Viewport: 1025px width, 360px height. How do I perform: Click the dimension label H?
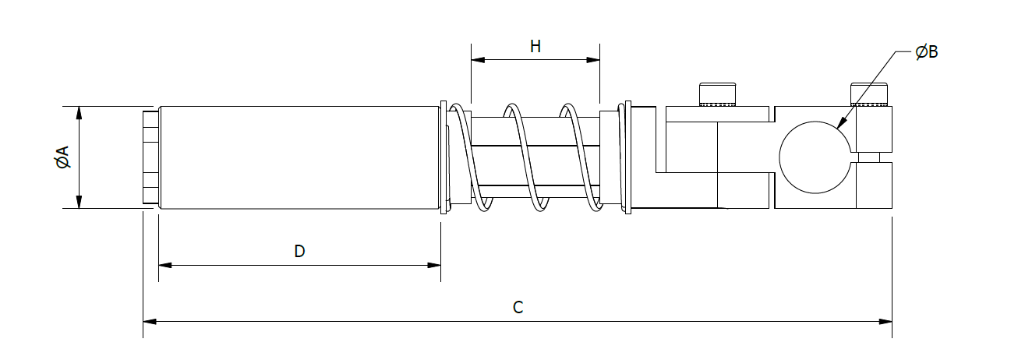pyautogui.click(x=535, y=46)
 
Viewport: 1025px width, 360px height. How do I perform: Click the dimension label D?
pyautogui.click(x=299, y=252)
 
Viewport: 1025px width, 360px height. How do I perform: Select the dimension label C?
pyautogui.click(x=518, y=307)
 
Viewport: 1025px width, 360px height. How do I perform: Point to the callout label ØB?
pyautogui.click(x=927, y=52)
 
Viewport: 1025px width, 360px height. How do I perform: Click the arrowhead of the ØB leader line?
pyautogui.click(x=840, y=124)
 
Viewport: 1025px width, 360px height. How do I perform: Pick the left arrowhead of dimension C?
pyautogui.click(x=149, y=321)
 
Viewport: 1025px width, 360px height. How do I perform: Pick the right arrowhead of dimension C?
pyautogui.click(x=886, y=321)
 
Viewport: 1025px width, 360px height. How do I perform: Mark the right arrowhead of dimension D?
pyautogui.click(x=435, y=266)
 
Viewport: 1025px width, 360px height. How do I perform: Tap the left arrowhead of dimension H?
pyautogui.click(x=477, y=59)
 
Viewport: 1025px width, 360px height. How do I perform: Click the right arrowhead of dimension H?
pyautogui.click(x=594, y=59)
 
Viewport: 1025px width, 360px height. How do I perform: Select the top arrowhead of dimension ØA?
pyautogui.click(x=79, y=111)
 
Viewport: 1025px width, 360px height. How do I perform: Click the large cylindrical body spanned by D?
pyautogui.click(x=299, y=157)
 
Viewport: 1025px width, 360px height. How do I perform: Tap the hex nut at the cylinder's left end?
pyautogui.click(x=150, y=157)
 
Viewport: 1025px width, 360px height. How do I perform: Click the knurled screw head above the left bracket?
pyautogui.click(x=718, y=94)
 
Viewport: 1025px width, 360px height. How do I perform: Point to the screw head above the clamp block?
pyautogui.click(x=869, y=94)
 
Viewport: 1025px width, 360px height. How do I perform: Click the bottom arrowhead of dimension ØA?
pyautogui.click(x=79, y=203)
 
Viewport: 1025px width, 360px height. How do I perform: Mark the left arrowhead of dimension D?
pyautogui.click(x=164, y=266)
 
